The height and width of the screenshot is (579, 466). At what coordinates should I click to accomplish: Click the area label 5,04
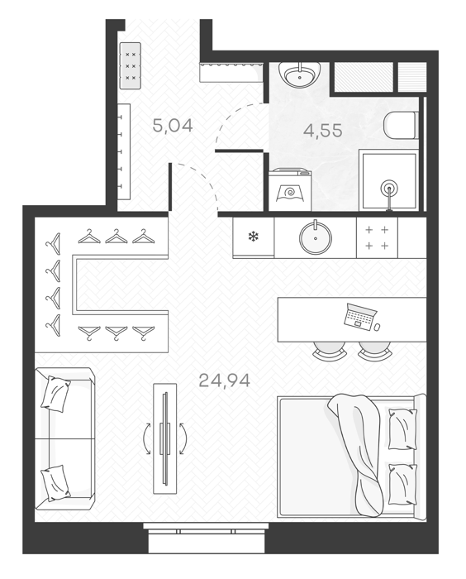pyautogui.click(x=173, y=126)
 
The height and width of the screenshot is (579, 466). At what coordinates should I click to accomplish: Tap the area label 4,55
pyautogui.click(x=323, y=131)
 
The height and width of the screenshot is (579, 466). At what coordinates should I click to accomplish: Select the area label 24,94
pyautogui.click(x=225, y=380)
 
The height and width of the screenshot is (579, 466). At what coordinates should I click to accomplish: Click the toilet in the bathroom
pyautogui.click(x=400, y=125)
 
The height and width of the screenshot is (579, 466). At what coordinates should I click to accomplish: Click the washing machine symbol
pyautogui.click(x=290, y=189)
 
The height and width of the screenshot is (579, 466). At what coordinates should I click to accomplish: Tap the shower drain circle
pyautogui.click(x=390, y=189)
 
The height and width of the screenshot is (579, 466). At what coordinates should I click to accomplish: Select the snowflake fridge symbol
pyautogui.click(x=253, y=237)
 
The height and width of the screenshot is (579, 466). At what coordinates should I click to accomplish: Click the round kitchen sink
pyautogui.click(x=316, y=238)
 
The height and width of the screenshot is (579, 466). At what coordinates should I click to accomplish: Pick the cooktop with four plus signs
pyautogui.click(x=377, y=237)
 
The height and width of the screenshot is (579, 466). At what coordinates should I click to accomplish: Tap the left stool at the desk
pyautogui.click(x=330, y=350)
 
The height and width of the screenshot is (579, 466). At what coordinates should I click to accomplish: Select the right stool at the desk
pyautogui.click(x=374, y=350)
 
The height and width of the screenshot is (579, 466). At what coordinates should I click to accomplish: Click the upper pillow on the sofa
pyautogui.click(x=55, y=394)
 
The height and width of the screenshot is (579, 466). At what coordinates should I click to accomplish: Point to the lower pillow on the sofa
pyautogui.click(x=55, y=483)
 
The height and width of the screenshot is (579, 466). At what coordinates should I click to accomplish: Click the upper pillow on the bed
pyautogui.click(x=403, y=428)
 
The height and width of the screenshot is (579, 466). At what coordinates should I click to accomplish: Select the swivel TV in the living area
pyautogui.click(x=165, y=438)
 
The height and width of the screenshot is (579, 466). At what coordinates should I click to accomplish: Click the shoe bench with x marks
pyautogui.click(x=131, y=65)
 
